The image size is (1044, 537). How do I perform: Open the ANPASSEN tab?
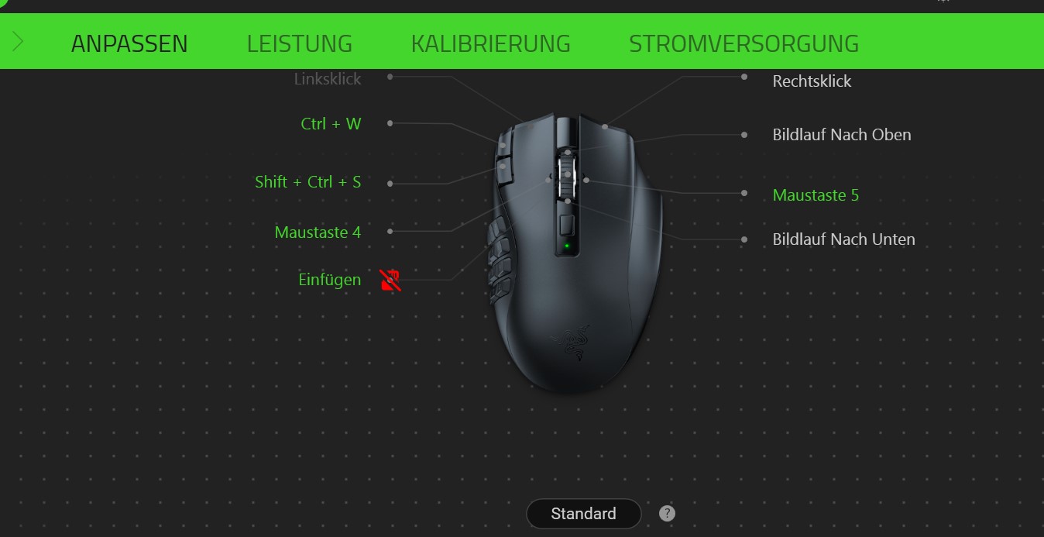(x=129, y=43)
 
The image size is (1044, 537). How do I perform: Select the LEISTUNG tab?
(x=299, y=43)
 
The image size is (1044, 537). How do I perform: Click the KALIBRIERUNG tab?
(x=490, y=43)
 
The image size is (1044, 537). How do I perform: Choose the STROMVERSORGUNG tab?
(x=744, y=43)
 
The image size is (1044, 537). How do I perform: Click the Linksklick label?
(x=327, y=79)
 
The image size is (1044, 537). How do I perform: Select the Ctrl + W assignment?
(x=331, y=124)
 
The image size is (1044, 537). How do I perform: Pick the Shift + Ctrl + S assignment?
(x=307, y=182)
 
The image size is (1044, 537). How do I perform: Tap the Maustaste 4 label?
(x=318, y=232)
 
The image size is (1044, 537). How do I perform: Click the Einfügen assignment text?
(x=329, y=280)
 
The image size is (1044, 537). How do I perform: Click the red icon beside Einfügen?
(x=390, y=280)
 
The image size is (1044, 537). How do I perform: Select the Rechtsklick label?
(x=812, y=81)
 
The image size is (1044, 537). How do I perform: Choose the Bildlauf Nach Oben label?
(x=841, y=135)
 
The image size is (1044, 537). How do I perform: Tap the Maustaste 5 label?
(x=816, y=195)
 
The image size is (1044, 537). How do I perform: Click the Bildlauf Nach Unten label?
(x=843, y=239)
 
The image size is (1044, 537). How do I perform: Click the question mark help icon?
(x=667, y=513)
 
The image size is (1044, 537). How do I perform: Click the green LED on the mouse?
(x=567, y=247)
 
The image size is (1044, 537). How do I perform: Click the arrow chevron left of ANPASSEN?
(x=19, y=41)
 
